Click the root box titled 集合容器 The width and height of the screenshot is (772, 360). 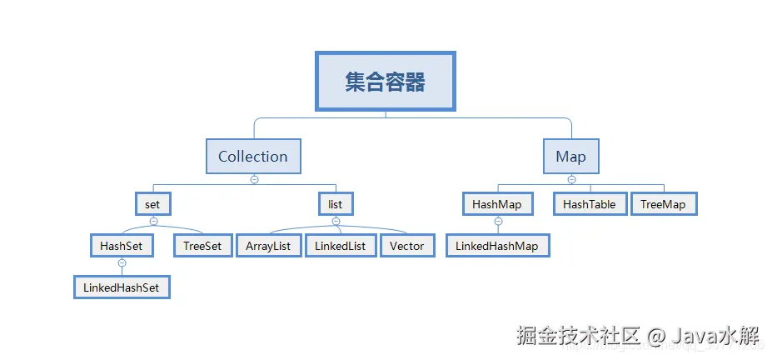(385, 81)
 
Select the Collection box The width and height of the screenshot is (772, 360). (253, 156)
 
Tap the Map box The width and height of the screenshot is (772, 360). (570, 156)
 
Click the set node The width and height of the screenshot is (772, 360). (153, 203)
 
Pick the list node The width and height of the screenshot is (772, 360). (336, 203)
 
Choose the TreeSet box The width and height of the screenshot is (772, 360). (202, 246)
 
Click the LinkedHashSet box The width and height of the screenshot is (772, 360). (122, 287)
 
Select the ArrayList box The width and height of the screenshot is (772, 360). (268, 246)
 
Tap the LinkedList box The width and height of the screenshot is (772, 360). (340, 246)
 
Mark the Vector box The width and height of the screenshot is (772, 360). (406, 246)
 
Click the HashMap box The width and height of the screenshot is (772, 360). (497, 204)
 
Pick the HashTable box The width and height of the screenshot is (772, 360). (590, 204)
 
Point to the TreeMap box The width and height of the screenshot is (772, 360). (663, 204)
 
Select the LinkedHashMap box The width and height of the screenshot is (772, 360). (498, 246)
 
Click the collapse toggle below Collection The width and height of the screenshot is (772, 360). (254, 179)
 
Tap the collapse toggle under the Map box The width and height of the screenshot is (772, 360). (571, 179)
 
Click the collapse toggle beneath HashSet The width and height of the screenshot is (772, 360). (122, 262)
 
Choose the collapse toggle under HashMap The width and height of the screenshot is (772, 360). (498, 221)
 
